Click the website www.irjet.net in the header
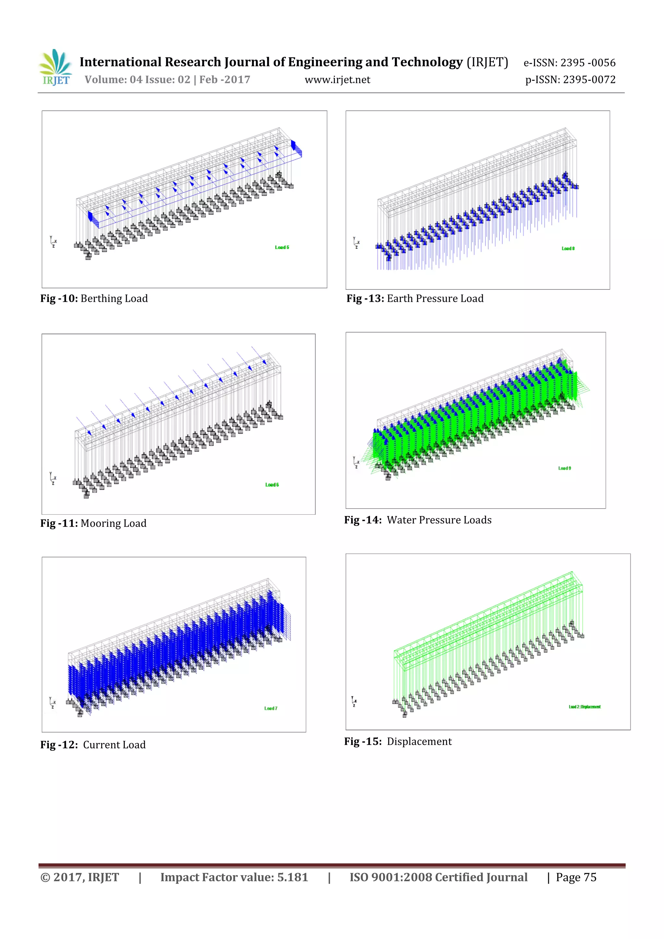point(337,80)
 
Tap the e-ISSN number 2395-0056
point(587,63)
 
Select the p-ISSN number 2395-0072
point(589,79)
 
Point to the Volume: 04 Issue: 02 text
point(137,79)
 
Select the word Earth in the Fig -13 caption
point(400,299)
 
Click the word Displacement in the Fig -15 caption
point(419,742)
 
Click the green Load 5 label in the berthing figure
point(282,247)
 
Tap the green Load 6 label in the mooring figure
point(272,485)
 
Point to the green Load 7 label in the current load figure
point(270,708)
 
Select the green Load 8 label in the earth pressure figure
point(568,249)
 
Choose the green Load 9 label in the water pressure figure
point(564,468)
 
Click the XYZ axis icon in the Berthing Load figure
point(53,242)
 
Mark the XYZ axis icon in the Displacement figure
point(354,702)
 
